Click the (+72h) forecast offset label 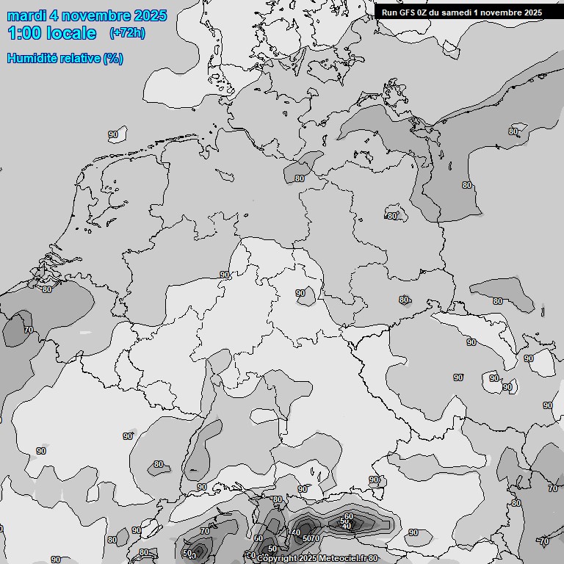(x=127, y=33)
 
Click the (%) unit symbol (x=113, y=58)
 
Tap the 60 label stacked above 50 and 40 (x=348, y=517)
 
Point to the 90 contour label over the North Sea (x=113, y=134)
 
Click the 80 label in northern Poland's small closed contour (x=392, y=216)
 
